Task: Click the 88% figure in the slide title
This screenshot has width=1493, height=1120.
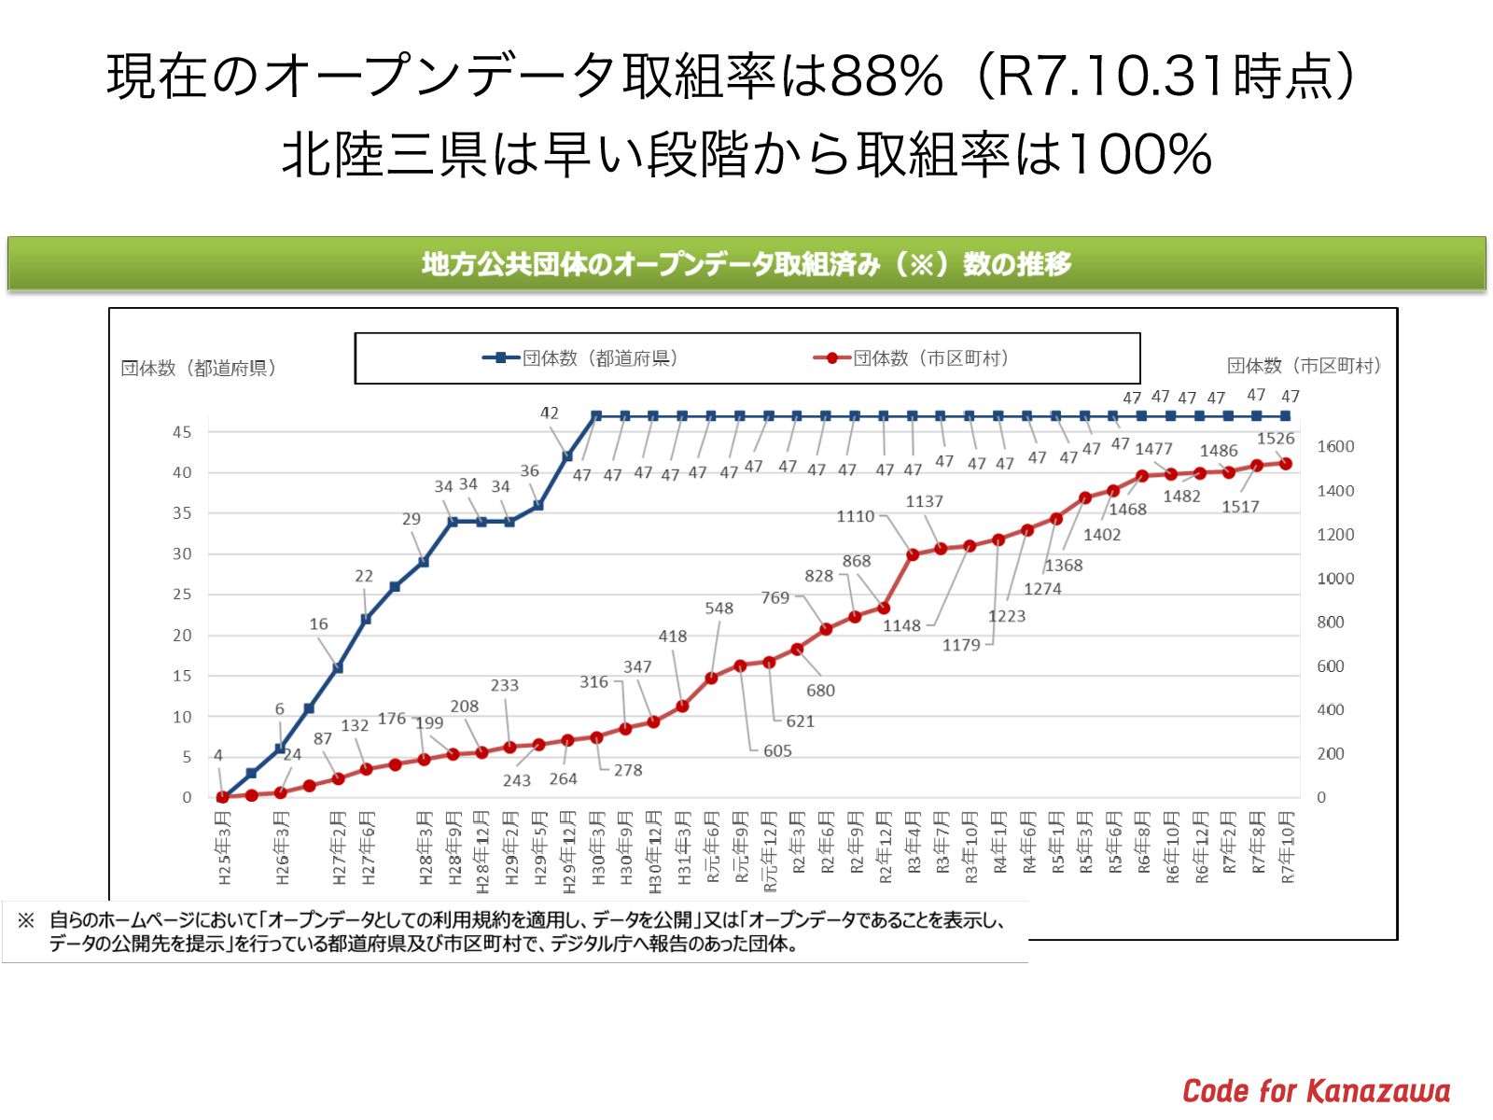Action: [x=886, y=77]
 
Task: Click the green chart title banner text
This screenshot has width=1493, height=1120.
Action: [x=746, y=264]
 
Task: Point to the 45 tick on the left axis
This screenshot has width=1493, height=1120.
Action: [x=182, y=432]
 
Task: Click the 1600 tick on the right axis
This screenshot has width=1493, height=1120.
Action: [x=1335, y=446]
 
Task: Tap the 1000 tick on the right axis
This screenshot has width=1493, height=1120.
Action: [x=1335, y=579]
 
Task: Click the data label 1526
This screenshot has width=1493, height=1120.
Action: [x=1276, y=439]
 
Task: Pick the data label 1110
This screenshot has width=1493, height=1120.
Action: [x=855, y=516]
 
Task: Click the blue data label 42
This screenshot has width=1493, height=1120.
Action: [x=550, y=413]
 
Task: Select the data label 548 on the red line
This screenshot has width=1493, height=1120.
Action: [x=719, y=609]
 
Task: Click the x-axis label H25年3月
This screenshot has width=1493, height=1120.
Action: [x=224, y=847]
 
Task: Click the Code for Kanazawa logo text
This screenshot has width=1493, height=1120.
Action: [x=1316, y=1090]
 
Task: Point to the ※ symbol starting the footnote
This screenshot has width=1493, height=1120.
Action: [x=26, y=921]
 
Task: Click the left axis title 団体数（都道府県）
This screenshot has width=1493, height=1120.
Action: [x=199, y=368]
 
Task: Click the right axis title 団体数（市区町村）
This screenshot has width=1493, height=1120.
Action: [x=1304, y=366]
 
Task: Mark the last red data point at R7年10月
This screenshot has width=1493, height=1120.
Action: [x=1286, y=463]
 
